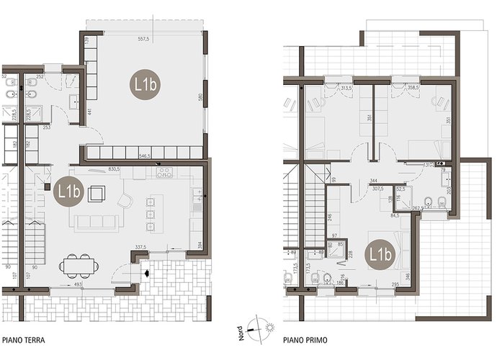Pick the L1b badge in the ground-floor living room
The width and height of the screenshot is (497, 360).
coord(68,192)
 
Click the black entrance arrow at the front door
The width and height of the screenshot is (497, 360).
coord(146,274)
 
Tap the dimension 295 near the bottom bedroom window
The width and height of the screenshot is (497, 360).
coord(395,285)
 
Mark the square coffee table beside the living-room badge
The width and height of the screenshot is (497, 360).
coord(96,193)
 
